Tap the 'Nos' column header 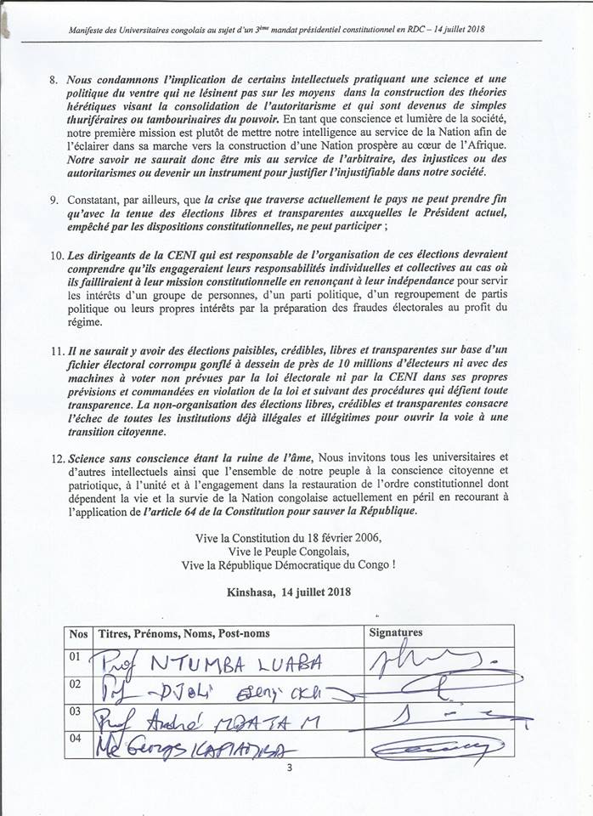tap(78, 633)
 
